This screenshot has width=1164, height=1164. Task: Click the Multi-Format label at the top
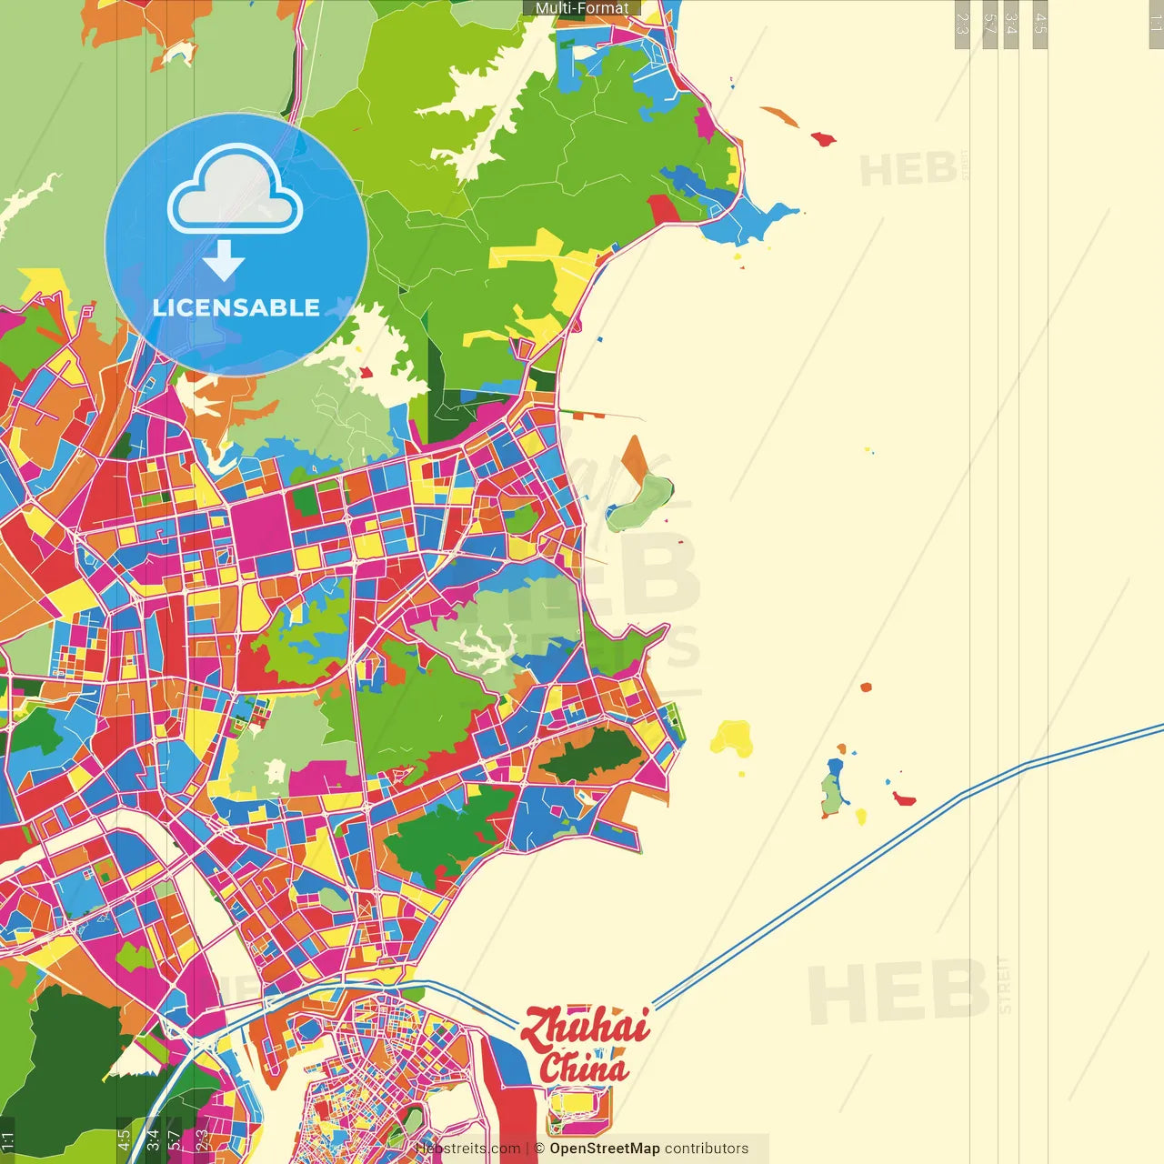[x=582, y=8]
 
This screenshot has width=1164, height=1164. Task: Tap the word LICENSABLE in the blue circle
[x=236, y=307]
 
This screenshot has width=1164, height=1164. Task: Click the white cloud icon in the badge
[x=235, y=193]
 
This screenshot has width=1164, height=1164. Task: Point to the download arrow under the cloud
[x=224, y=261]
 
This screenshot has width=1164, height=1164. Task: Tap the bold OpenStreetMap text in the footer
[x=605, y=1149]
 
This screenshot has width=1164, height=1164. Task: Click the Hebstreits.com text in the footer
[x=467, y=1149]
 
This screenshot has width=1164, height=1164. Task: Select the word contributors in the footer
[x=707, y=1149]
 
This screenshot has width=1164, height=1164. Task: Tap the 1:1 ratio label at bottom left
[x=8, y=1139]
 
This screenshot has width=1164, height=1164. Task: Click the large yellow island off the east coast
[x=731, y=738]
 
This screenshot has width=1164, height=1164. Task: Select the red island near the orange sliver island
[x=823, y=139]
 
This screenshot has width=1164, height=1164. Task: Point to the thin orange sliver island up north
[x=779, y=116]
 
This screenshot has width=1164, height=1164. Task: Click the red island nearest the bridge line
[x=904, y=799]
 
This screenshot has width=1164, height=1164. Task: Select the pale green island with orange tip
[x=640, y=500]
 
